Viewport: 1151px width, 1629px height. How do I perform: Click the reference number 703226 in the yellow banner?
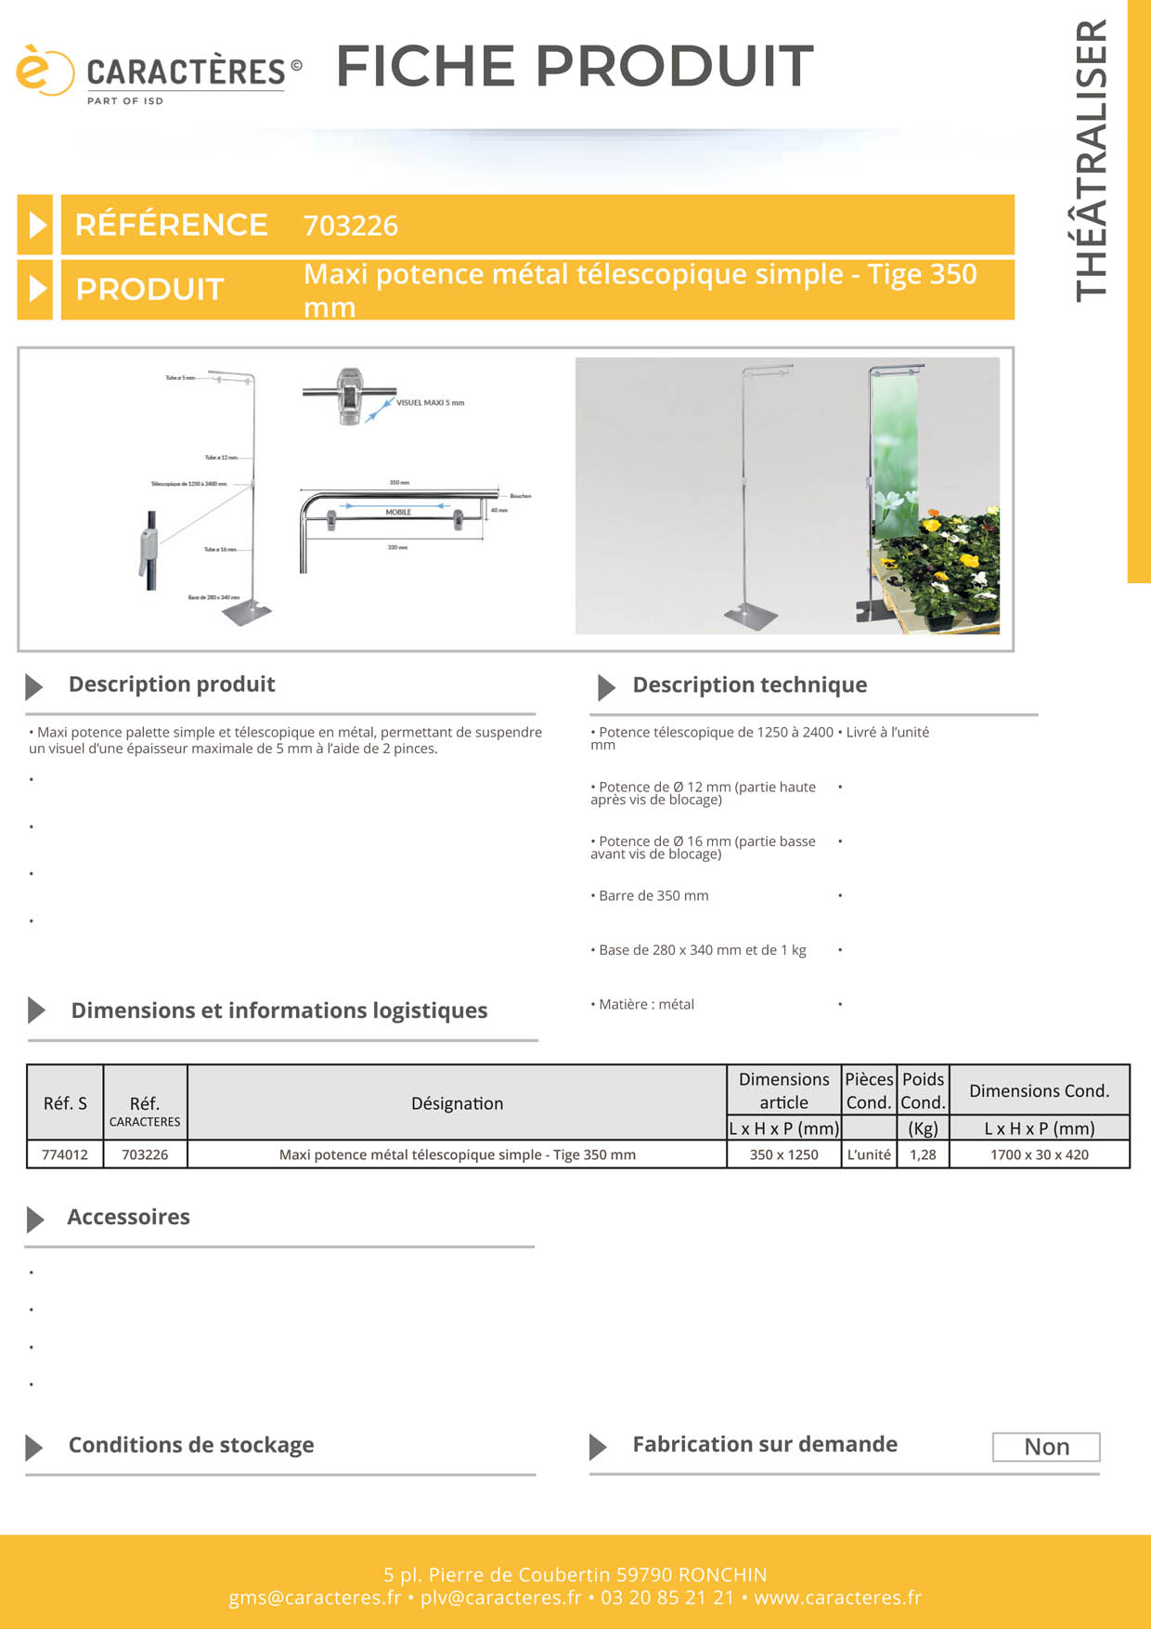(x=351, y=226)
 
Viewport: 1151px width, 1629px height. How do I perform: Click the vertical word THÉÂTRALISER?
(x=1092, y=160)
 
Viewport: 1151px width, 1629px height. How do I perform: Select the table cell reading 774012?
(x=65, y=1154)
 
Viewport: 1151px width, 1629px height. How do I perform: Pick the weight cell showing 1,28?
(x=923, y=1154)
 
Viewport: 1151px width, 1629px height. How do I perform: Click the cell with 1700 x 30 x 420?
(x=1039, y=1154)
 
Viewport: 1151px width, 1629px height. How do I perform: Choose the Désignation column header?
(x=457, y=1103)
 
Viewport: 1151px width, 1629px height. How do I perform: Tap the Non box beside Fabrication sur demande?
(x=1046, y=1447)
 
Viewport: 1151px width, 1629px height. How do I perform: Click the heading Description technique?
(x=749, y=685)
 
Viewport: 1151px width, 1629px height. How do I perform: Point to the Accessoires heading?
(x=128, y=1218)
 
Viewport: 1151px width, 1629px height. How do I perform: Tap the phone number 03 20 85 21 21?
(x=667, y=1597)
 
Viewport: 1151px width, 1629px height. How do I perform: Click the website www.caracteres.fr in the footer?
(x=837, y=1597)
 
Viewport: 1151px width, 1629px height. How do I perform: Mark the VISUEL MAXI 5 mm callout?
(x=430, y=403)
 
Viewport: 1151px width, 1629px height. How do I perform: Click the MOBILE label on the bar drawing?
(x=398, y=513)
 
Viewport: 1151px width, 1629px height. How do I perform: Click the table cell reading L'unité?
(x=869, y=1154)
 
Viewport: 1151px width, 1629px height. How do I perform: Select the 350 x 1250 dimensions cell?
(x=783, y=1154)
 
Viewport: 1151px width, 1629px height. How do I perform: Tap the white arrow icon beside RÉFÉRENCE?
(x=36, y=225)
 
